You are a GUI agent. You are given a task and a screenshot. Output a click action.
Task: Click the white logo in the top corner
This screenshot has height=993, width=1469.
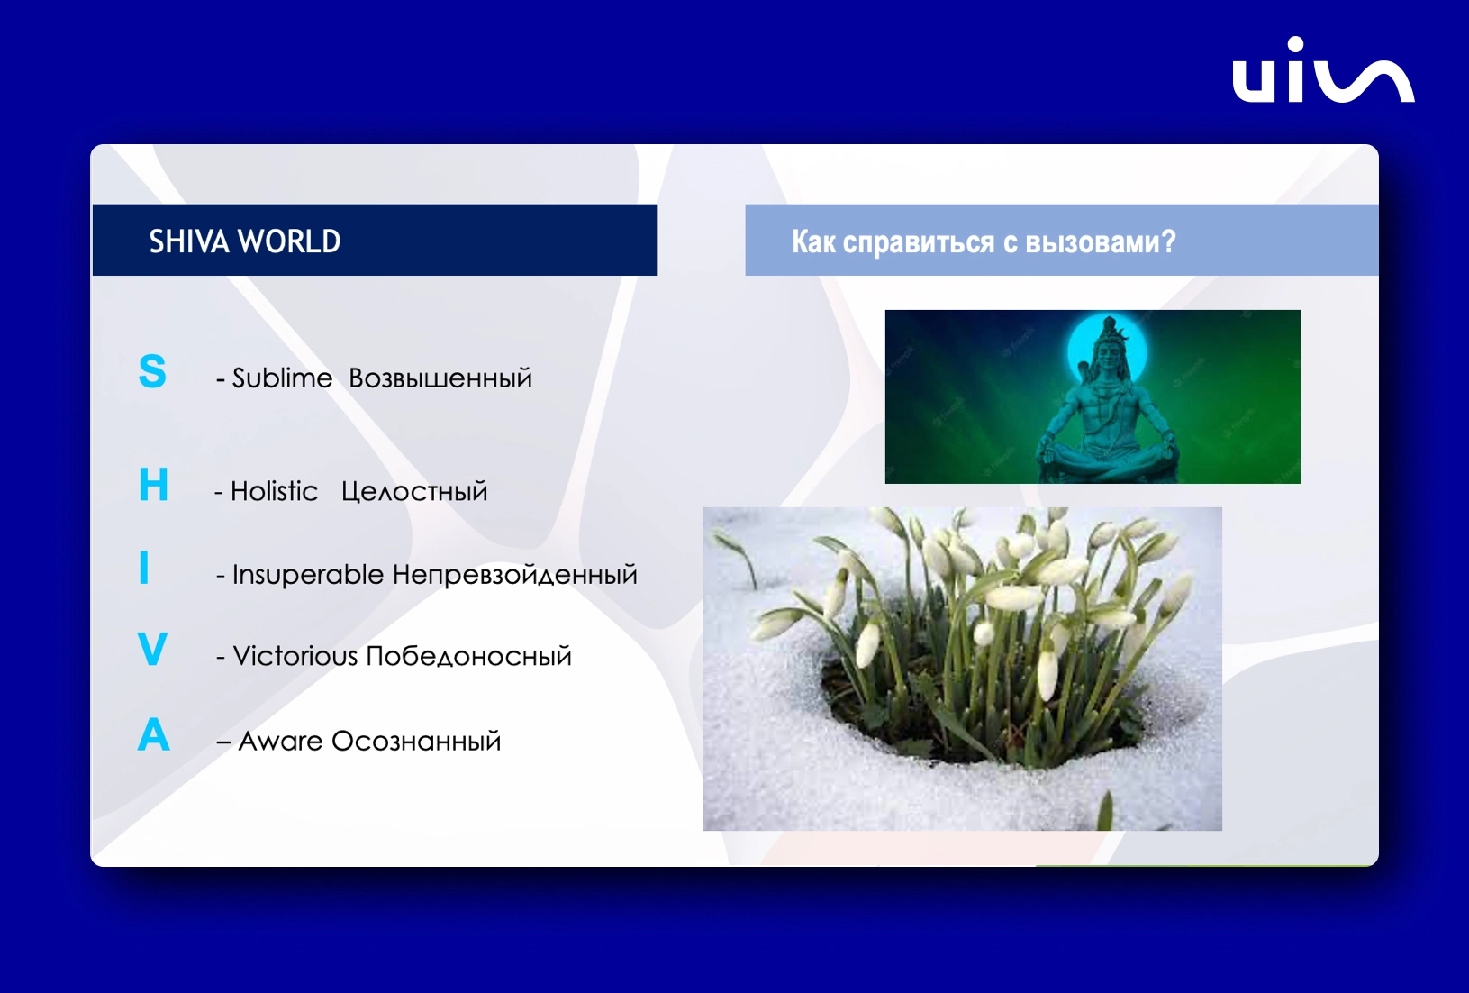[x=1323, y=70]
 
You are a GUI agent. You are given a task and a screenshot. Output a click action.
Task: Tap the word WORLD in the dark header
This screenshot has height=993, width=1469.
[x=289, y=241]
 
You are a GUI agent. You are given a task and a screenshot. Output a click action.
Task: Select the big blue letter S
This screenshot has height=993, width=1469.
[x=152, y=371]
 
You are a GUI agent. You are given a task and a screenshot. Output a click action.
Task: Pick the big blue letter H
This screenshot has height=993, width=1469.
[x=153, y=485]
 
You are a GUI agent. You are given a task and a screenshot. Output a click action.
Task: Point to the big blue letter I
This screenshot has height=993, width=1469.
[x=144, y=567]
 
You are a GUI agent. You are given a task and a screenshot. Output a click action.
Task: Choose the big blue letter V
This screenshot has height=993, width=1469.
[x=153, y=649]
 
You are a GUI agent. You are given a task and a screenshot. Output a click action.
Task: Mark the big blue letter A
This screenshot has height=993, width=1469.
[x=153, y=733]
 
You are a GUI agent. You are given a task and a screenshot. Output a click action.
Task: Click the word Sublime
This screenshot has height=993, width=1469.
[x=282, y=378]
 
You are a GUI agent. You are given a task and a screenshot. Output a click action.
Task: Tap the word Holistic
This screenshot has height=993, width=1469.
[x=274, y=491]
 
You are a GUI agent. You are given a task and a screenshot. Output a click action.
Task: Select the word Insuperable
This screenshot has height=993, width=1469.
[x=307, y=575]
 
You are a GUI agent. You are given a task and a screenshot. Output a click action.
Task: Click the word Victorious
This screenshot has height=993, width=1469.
[x=295, y=656]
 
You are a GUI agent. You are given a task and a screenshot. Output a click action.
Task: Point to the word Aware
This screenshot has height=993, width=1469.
[x=281, y=741]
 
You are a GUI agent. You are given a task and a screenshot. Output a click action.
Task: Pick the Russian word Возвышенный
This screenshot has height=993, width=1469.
[x=440, y=378]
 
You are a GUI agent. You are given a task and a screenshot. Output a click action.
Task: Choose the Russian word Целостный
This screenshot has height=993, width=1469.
[x=414, y=492]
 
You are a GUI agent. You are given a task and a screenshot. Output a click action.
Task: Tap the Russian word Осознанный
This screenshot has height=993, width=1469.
[x=416, y=741]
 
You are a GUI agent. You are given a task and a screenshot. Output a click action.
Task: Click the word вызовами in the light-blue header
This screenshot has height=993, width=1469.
[x=1101, y=241]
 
